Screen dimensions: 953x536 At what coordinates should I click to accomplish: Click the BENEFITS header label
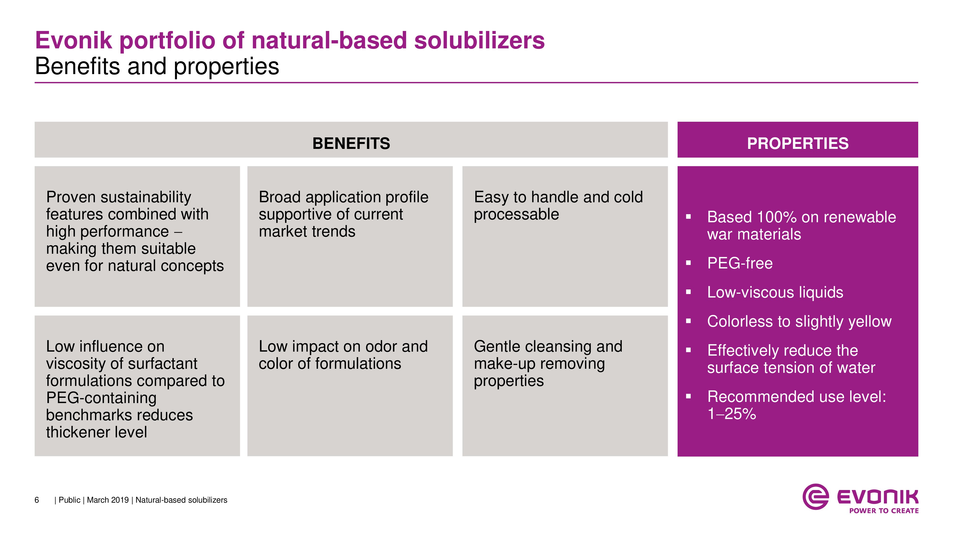pyautogui.click(x=351, y=143)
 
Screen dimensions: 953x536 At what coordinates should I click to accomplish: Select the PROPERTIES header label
pyautogui.click(x=798, y=143)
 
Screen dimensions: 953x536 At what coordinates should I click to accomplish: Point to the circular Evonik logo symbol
pyautogui.click(x=815, y=496)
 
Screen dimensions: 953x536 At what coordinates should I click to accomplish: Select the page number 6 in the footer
pyautogui.click(x=37, y=500)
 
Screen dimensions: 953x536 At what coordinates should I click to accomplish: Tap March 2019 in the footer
pyautogui.click(x=108, y=500)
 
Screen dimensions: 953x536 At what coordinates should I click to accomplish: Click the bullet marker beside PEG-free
pyautogui.click(x=688, y=263)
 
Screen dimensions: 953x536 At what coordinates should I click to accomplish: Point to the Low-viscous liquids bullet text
pyautogui.click(x=775, y=292)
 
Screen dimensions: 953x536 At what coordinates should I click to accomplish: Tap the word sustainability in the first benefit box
pyautogui.click(x=146, y=197)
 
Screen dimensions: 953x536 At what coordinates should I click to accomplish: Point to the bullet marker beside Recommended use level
pyautogui.click(x=688, y=396)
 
